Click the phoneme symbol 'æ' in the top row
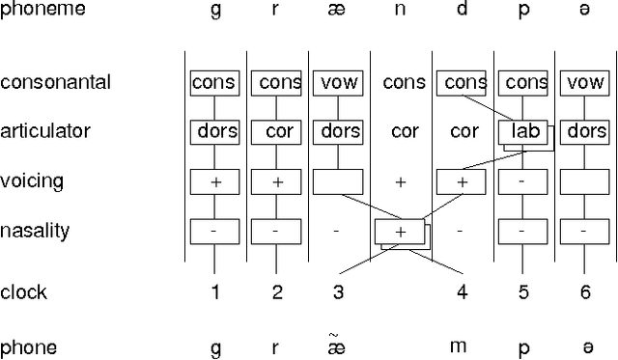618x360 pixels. coord(338,12)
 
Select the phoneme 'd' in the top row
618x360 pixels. coord(463,10)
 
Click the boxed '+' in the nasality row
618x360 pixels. coord(400,232)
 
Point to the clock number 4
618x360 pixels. coord(463,292)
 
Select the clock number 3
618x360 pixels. coord(338,292)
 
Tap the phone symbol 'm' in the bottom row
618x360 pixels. coord(463,347)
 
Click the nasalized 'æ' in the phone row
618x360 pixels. coord(338,346)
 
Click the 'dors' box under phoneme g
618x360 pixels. coord(214,131)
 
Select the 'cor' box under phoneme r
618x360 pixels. coord(276,131)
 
